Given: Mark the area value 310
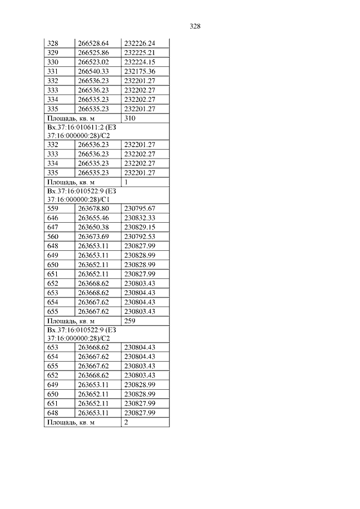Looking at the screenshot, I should (130, 119).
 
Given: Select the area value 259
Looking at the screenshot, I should (130, 321).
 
